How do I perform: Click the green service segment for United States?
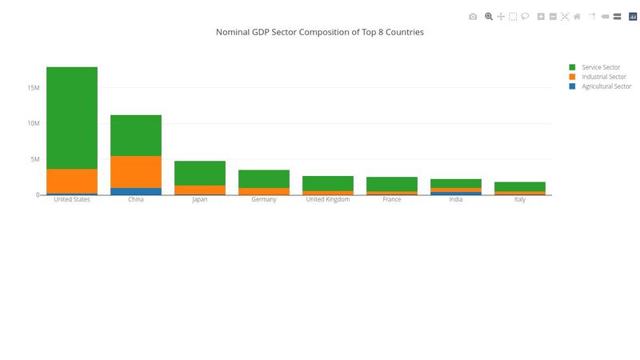[x=72, y=118]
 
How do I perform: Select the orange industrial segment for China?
[x=136, y=172]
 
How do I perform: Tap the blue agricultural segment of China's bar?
[x=136, y=191]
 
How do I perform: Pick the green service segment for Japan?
[x=200, y=173]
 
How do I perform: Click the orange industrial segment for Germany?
[x=264, y=191]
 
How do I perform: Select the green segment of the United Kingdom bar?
[x=328, y=183]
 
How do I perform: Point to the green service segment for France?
[x=392, y=184]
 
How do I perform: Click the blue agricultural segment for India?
[x=456, y=193]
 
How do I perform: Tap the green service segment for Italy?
[x=520, y=186]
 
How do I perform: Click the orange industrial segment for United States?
[x=72, y=181]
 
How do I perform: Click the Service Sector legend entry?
[x=600, y=67]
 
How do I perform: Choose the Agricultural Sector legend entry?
[x=606, y=86]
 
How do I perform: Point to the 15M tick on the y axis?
[x=33, y=87]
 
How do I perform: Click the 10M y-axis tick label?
[x=33, y=123]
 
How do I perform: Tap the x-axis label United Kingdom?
[x=328, y=200]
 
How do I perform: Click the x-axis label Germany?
[x=264, y=200]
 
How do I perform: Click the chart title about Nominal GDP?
[x=320, y=33]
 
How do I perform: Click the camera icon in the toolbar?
[x=473, y=16]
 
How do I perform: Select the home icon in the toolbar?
[x=577, y=16]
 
